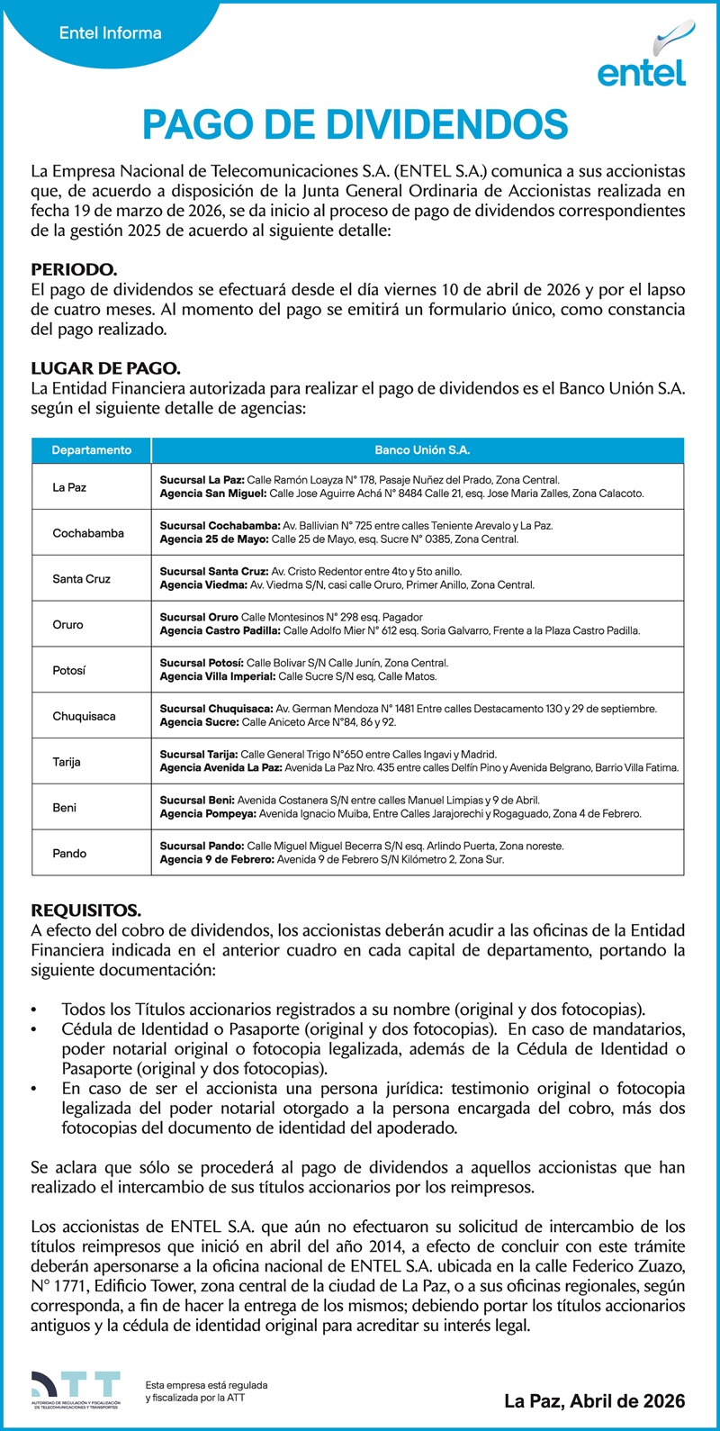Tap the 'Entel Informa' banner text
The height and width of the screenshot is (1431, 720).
(x=110, y=33)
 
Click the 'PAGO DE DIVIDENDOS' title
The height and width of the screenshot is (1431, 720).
(x=355, y=125)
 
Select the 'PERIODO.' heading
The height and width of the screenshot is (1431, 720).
(x=74, y=270)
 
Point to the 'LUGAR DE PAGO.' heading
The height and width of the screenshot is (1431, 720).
(x=105, y=368)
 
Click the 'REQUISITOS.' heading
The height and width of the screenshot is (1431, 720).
(x=85, y=910)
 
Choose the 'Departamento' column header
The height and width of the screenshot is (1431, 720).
(x=91, y=450)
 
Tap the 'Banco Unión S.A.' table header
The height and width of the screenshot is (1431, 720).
(x=422, y=450)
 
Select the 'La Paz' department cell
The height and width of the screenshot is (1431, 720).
(x=69, y=487)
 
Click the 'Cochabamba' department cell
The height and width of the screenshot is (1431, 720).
(x=88, y=533)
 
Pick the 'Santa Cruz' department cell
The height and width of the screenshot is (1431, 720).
(x=81, y=579)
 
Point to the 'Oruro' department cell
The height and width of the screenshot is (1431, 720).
(x=67, y=625)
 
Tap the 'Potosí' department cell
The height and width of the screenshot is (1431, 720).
(x=69, y=671)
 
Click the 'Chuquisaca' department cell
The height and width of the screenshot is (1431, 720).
(x=84, y=717)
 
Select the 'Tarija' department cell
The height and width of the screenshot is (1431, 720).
(x=67, y=762)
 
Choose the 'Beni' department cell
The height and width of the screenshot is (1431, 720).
(x=64, y=808)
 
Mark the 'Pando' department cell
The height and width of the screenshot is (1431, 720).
(x=69, y=853)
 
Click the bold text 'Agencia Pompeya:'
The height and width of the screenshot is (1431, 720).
(x=208, y=814)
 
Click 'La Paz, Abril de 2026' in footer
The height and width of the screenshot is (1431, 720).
(x=594, y=1400)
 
